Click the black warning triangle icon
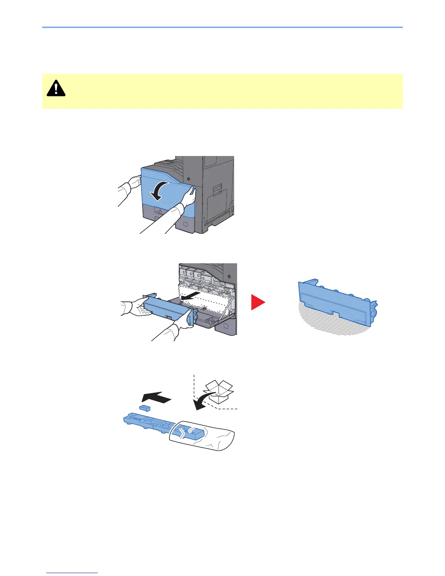(56, 88)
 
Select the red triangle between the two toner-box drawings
(257, 303)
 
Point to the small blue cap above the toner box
(145, 408)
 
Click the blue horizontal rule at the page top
(222, 27)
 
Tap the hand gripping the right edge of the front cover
(189, 197)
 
